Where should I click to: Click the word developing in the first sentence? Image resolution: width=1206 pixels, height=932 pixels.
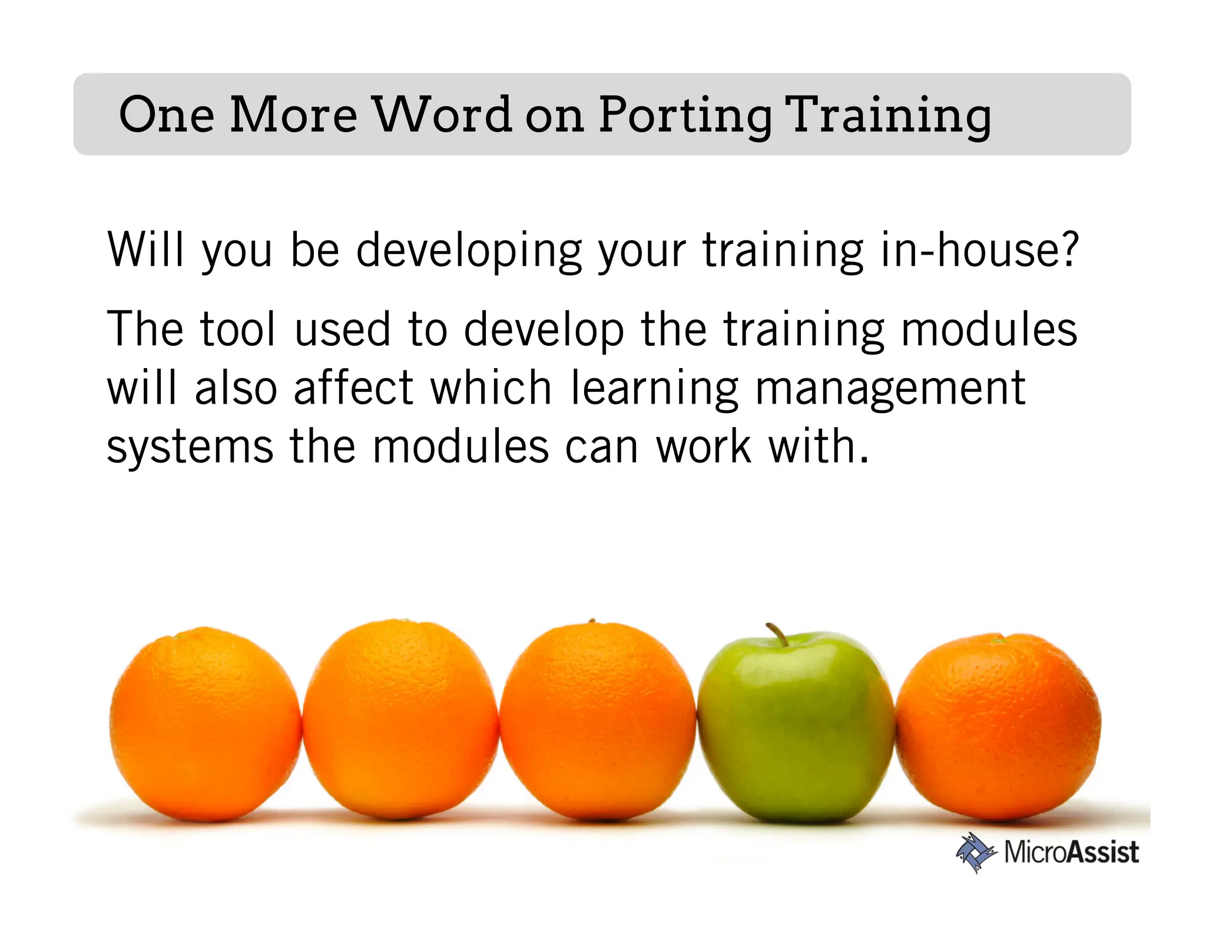click(x=469, y=251)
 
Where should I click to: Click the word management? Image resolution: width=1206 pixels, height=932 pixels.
click(x=890, y=389)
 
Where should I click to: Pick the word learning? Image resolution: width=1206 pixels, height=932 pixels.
click(x=654, y=389)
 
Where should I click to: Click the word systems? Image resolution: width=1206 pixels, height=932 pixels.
click(x=190, y=448)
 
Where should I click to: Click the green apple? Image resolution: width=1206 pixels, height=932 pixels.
click(x=796, y=728)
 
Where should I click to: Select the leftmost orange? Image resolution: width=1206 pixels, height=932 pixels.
click(x=206, y=725)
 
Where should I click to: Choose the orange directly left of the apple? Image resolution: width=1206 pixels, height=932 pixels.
click(x=598, y=722)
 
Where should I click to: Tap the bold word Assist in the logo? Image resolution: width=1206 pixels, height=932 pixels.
click(x=1102, y=852)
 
